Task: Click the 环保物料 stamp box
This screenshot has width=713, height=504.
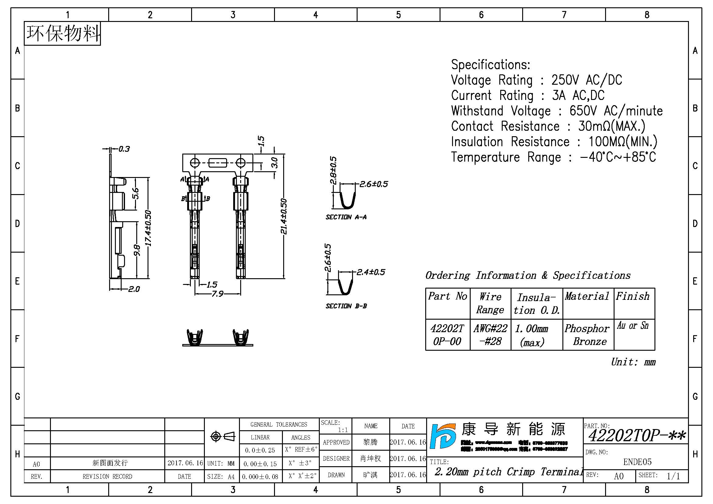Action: tap(62, 34)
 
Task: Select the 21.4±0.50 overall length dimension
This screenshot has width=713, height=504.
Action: tap(283, 216)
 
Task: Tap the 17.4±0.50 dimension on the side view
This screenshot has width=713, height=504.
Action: tap(148, 228)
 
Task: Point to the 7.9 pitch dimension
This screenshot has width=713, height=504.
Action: tap(217, 293)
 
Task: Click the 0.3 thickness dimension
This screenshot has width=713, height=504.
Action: tap(124, 149)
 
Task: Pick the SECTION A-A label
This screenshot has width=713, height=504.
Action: tap(346, 217)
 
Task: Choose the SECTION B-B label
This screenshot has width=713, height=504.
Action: tap(346, 306)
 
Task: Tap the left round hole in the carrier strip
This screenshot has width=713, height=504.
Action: tap(195, 163)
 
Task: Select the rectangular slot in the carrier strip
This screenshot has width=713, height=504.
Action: tap(218, 163)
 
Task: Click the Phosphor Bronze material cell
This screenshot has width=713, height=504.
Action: tap(587, 335)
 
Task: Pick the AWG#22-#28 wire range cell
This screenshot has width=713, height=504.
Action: tap(490, 335)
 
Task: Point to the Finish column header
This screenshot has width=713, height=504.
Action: tap(633, 296)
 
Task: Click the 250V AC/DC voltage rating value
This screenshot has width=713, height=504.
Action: tap(586, 80)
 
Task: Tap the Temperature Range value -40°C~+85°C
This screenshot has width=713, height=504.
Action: tap(618, 157)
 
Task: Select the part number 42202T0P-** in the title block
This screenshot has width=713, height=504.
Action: tap(636, 435)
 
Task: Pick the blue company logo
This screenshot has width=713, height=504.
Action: tap(443, 436)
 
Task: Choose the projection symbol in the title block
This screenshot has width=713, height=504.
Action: tap(222, 437)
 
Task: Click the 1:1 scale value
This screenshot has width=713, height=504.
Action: tap(343, 430)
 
